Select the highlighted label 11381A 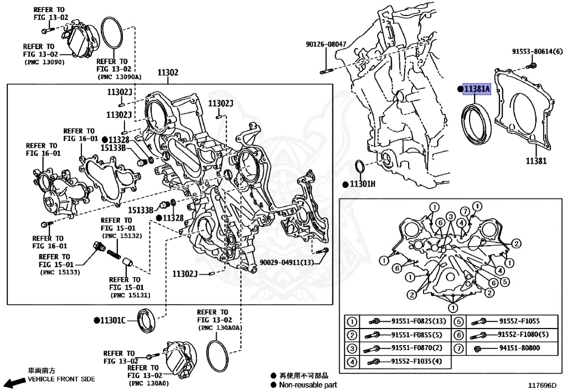pos(477,89)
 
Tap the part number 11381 pos(536,161)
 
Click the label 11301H pos(362,184)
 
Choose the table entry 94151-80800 pos(519,348)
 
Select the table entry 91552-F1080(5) pos(523,335)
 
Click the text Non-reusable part pos(307,384)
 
